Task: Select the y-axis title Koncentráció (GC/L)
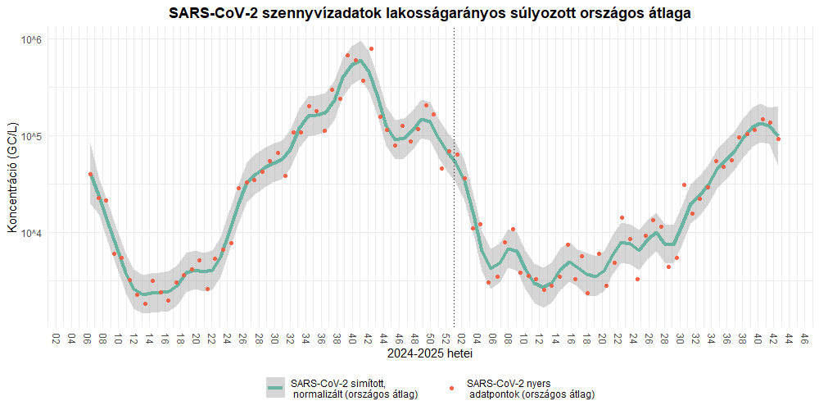[x=12, y=180]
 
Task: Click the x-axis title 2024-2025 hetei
[x=429, y=355]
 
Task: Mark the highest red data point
[x=371, y=48]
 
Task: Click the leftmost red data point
[x=90, y=174]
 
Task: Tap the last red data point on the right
[x=778, y=139]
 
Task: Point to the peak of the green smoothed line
[x=357, y=61]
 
